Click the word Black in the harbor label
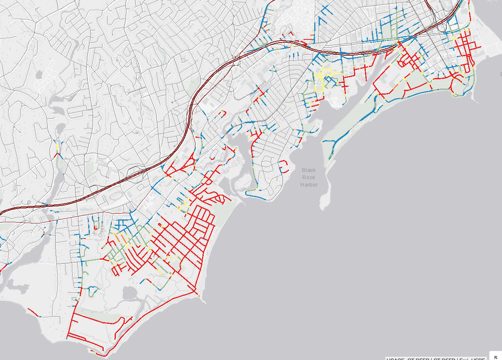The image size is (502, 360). click(x=309, y=170)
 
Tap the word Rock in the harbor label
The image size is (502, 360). click(x=309, y=178)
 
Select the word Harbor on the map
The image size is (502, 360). click(x=309, y=185)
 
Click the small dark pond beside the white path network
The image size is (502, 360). click(x=39, y=75)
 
